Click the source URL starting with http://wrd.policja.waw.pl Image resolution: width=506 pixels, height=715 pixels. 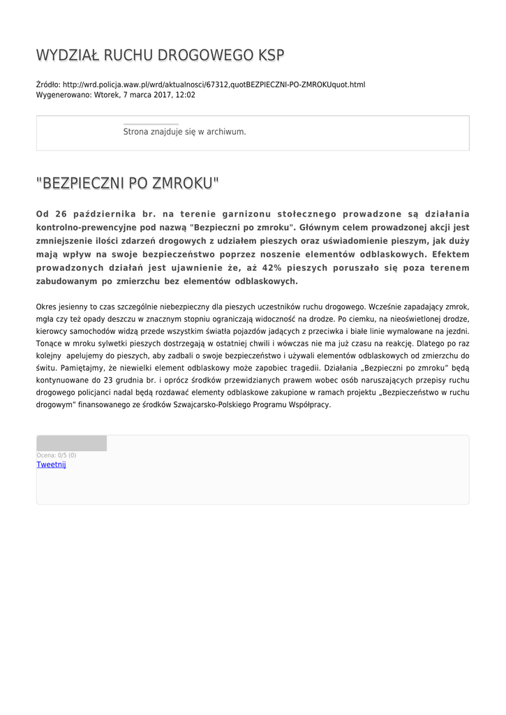coord(214,85)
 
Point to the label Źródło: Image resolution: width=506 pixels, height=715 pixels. coord(48,85)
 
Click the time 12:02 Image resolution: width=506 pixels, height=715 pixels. coord(185,95)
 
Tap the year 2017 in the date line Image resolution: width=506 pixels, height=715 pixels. coord(164,95)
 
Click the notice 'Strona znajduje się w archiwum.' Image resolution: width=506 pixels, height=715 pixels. coord(184,132)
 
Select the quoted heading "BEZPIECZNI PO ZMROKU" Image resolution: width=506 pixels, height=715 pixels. coord(127,184)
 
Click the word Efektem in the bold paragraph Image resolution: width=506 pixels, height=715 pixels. coord(451,254)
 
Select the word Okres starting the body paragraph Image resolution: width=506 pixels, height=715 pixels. coord(47,307)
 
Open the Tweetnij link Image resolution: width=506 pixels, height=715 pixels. coord(51,464)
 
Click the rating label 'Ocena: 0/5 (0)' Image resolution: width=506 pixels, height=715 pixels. coord(57,455)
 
